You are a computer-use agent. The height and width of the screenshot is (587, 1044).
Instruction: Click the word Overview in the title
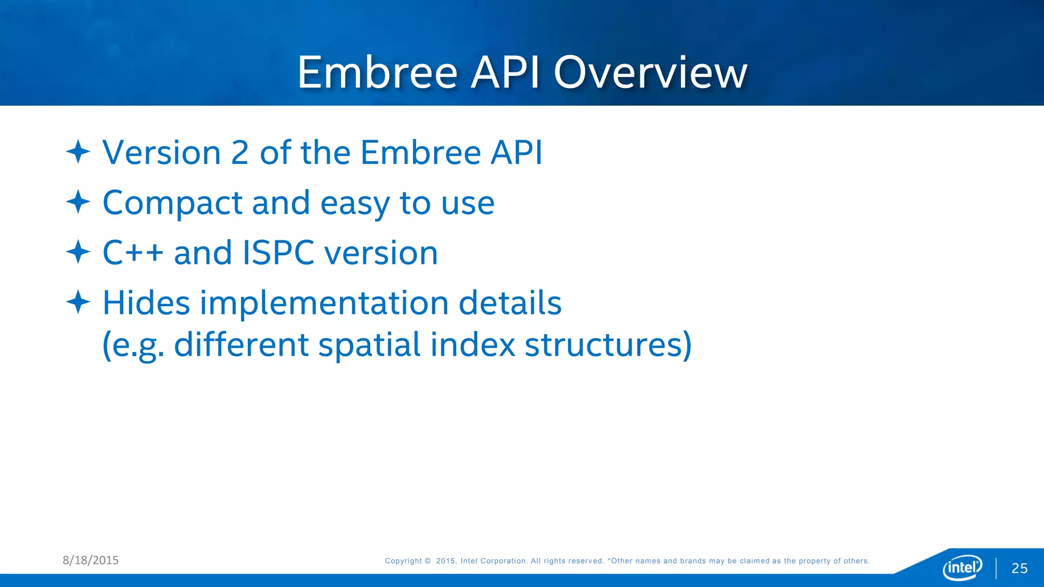(650, 73)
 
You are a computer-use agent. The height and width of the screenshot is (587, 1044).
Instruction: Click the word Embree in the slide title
(377, 73)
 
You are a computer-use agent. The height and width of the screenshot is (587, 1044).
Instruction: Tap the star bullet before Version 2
(78, 152)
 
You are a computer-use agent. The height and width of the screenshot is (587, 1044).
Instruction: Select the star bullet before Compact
(78, 202)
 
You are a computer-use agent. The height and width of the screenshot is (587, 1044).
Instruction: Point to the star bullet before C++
(78, 252)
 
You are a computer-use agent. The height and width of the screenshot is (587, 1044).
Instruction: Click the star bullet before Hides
(78, 302)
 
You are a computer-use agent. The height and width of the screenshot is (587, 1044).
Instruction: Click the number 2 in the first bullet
(240, 152)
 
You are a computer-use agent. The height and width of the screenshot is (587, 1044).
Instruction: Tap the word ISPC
(278, 253)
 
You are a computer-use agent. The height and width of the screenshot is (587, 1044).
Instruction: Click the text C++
(133, 253)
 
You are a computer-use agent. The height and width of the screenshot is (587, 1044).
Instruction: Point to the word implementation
(324, 303)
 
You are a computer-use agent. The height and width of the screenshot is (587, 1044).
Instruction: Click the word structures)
(608, 345)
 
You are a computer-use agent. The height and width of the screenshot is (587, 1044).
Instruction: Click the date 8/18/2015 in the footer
(91, 560)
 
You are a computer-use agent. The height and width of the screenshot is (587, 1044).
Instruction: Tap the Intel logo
(962, 567)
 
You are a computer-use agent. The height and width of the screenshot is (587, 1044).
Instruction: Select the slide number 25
(1019, 568)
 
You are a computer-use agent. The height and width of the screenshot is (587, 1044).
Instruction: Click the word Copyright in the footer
(403, 561)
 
